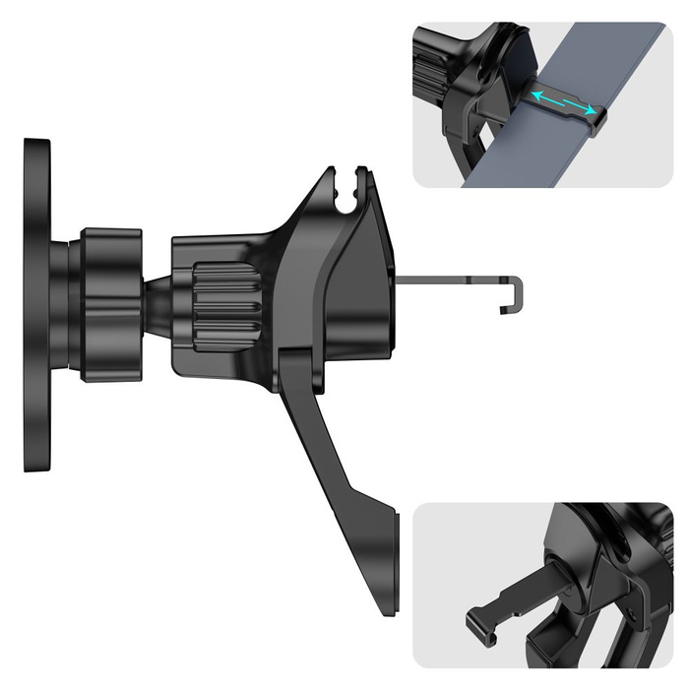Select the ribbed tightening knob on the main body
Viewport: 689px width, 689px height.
(224, 299)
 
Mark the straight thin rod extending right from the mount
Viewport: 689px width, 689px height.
(453, 280)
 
